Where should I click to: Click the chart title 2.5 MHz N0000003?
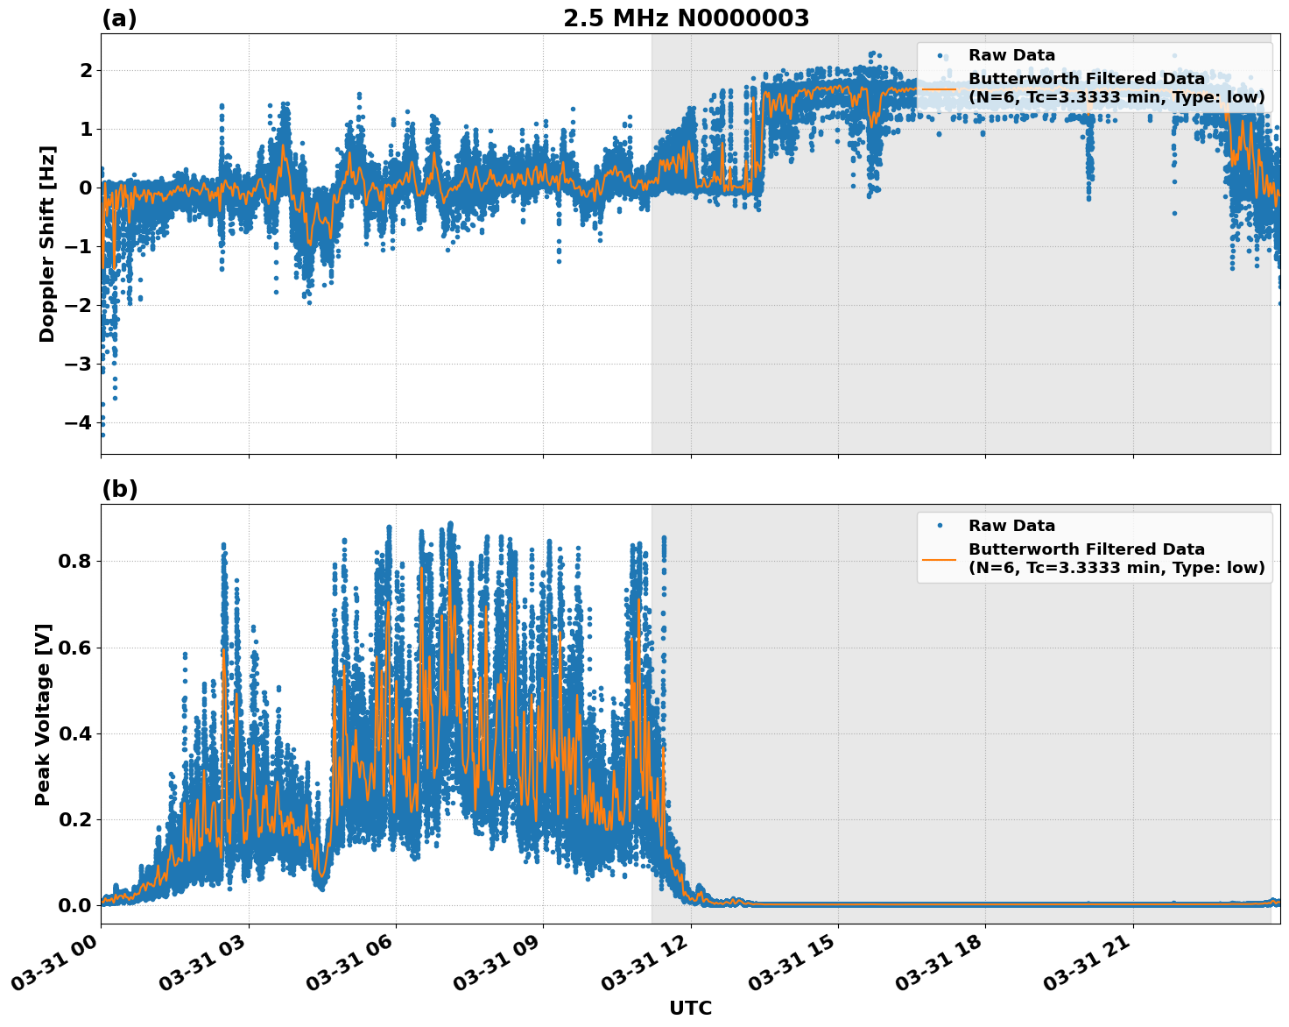686,18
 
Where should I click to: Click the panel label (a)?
119,18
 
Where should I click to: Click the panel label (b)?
119,489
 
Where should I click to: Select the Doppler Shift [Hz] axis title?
47,244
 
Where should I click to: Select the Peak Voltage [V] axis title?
43,714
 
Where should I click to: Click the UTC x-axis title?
690,1008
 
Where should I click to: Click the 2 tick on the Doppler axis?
86,70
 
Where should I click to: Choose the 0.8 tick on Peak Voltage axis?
75,561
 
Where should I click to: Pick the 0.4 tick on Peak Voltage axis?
75,733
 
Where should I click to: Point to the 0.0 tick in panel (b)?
75,905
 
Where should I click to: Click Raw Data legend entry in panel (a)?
1011,55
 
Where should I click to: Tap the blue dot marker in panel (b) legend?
940,526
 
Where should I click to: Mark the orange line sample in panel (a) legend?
940,88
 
